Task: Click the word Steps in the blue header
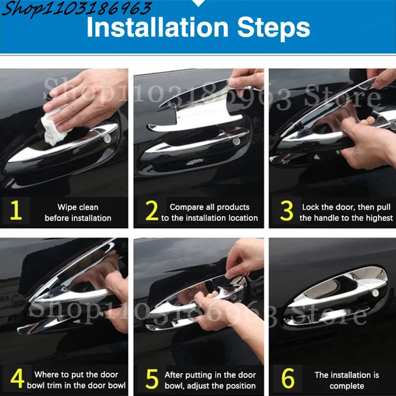click(x=274, y=29)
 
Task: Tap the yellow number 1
click(x=16, y=210)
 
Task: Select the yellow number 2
click(x=152, y=210)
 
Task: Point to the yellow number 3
click(x=287, y=211)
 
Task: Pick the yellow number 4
click(x=17, y=378)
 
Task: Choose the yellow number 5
click(x=152, y=379)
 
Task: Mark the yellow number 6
click(x=288, y=378)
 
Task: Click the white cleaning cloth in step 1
click(x=54, y=128)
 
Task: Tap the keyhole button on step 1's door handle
click(x=107, y=139)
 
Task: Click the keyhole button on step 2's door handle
click(x=237, y=142)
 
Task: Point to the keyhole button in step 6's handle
click(x=375, y=293)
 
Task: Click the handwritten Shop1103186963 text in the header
click(x=76, y=9)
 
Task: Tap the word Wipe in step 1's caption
click(x=66, y=207)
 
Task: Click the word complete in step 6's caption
click(x=347, y=386)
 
